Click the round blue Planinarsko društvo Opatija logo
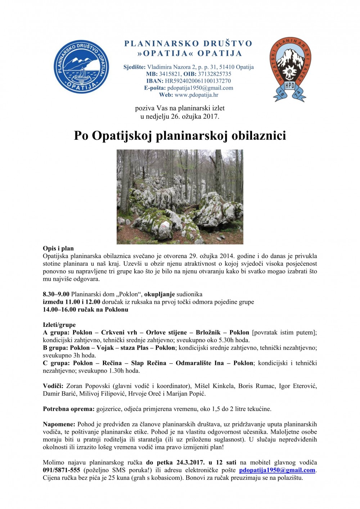pyautogui.click(x=81, y=67)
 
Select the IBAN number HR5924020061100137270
pyautogui.click(x=198, y=81)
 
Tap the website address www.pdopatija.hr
pyautogui.click(x=196, y=95)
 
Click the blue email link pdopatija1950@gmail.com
pyautogui.click(x=277, y=470)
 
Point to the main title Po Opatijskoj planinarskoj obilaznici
pyautogui.click(x=180, y=136)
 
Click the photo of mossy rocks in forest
pyautogui.click(x=180, y=197)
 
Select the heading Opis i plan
pyautogui.click(x=58, y=248)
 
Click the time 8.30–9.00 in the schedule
pyautogui.click(x=56, y=294)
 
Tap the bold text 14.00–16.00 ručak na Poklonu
pyautogui.click(x=85, y=310)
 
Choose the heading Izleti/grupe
pyautogui.click(x=59, y=325)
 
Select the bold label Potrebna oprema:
pyautogui.click(x=69, y=409)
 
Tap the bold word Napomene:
pyautogui.click(x=59, y=424)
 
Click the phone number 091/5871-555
pyautogui.click(x=62, y=470)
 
